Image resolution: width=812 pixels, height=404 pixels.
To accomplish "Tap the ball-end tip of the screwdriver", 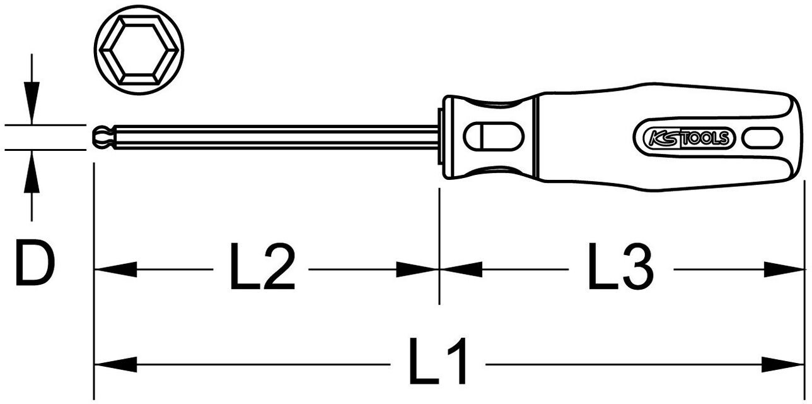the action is click(101, 136).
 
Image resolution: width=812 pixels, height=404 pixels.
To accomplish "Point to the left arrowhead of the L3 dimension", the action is click(461, 270).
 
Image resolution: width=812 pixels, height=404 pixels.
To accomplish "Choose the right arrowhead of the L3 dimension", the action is click(784, 270).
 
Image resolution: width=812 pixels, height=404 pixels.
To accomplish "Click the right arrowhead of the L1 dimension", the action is click(784, 364).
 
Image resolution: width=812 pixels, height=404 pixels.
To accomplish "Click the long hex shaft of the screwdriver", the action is click(271, 136).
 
